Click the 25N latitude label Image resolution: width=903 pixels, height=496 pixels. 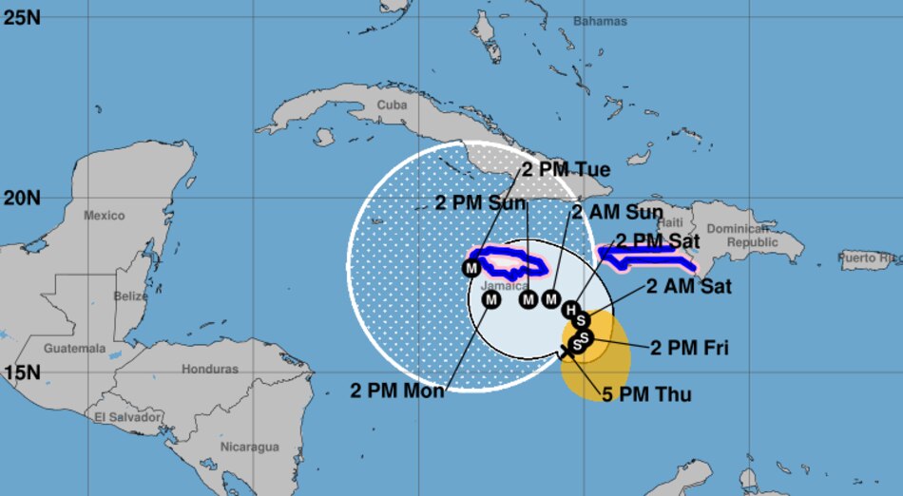(22, 16)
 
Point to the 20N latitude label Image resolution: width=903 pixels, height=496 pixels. (22, 199)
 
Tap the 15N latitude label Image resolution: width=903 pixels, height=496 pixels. (22, 372)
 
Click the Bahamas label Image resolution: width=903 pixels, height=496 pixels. (601, 21)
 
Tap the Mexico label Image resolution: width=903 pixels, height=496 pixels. (104, 216)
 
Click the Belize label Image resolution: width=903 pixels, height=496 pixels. (129, 296)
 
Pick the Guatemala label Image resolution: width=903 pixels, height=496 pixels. (74, 349)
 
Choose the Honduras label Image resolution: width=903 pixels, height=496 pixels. (209, 369)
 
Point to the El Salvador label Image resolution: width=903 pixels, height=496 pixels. (126, 416)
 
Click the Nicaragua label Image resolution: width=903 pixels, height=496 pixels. (249, 447)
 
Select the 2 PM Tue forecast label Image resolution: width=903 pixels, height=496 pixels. (566, 170)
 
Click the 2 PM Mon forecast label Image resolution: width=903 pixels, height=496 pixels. (397, 390)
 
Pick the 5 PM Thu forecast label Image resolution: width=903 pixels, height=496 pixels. (645, 394)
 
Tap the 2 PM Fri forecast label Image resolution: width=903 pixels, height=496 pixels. (689, 348)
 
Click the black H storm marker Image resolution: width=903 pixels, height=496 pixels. (570, 309)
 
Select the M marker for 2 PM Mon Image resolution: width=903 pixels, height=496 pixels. (491, 300)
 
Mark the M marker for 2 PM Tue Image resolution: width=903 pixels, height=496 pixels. (471, 268)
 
